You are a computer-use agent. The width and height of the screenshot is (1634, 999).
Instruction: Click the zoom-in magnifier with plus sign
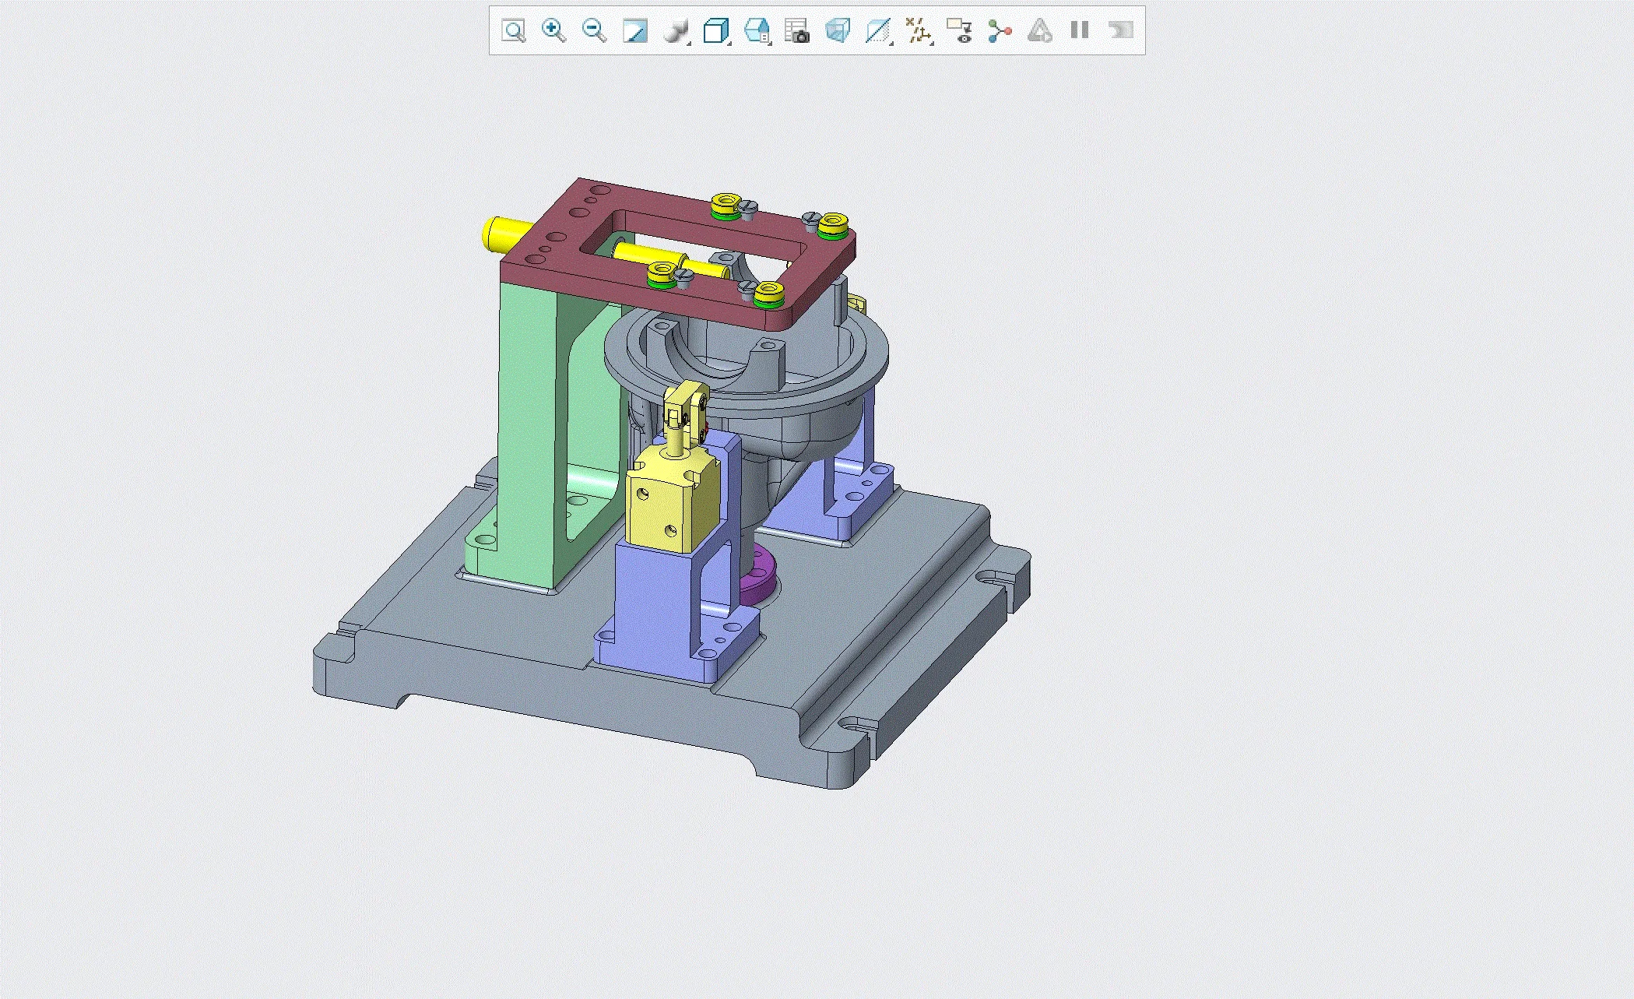pos(553,30)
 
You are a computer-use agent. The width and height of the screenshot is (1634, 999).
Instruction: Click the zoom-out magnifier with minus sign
pos(594,30)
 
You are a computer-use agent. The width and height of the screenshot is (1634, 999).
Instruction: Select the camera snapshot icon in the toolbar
pos(796,31)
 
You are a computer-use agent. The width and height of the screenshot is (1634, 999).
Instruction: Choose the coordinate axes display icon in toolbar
pos(919,31)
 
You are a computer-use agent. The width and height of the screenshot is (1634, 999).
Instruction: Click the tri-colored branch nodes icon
pos(999,31)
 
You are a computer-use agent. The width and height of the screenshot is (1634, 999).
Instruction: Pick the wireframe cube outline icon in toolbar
pos(715,31)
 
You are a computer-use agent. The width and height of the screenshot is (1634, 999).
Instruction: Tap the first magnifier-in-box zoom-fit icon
pos(514,31)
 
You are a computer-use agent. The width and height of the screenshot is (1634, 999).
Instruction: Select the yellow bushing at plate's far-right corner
pos(831,223)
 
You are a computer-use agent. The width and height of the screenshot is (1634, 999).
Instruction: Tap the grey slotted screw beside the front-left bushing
pos(685,277)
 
